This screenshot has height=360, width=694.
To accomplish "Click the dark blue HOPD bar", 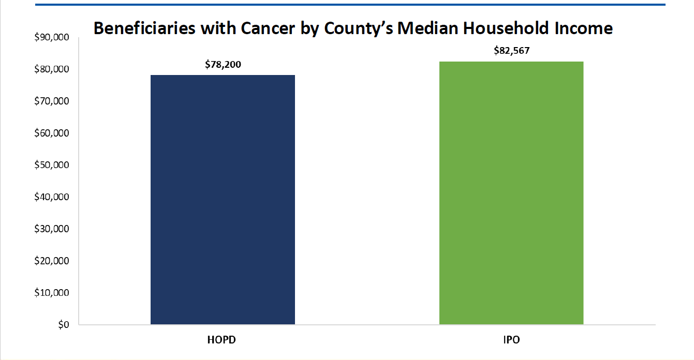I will tap(223, 200).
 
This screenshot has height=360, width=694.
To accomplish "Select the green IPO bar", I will tap(511, 193).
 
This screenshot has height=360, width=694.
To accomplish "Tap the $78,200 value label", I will tap(223, 65).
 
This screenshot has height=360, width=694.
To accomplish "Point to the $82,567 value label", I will tap(512, 51).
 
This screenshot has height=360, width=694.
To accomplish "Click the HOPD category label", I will tap(223, 341).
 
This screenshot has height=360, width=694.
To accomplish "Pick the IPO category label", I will tap(511, 341).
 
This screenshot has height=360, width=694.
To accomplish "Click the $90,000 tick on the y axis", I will tap(53, 37).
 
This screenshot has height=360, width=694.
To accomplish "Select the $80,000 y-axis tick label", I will tap(53, 69).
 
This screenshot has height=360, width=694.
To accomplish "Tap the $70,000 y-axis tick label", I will tap(53, 101).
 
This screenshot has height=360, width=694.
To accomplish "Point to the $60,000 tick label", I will tap(53, 133).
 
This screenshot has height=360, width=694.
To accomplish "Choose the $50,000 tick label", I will tap(53, 166).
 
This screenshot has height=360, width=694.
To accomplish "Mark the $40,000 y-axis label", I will tap(53, 197).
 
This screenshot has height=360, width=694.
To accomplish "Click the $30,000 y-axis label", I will tap(53, 229).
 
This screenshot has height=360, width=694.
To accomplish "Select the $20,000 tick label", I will tap(53, 261).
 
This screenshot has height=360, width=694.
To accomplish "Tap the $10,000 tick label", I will tap(53, 293).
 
